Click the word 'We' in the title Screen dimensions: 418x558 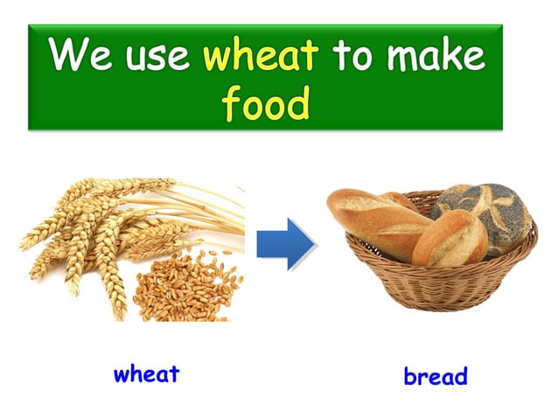75,57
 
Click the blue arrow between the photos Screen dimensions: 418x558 283,242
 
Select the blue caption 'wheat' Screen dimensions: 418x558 146,374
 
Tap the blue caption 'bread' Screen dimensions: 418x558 435,377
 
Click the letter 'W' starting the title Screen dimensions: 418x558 64,57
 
